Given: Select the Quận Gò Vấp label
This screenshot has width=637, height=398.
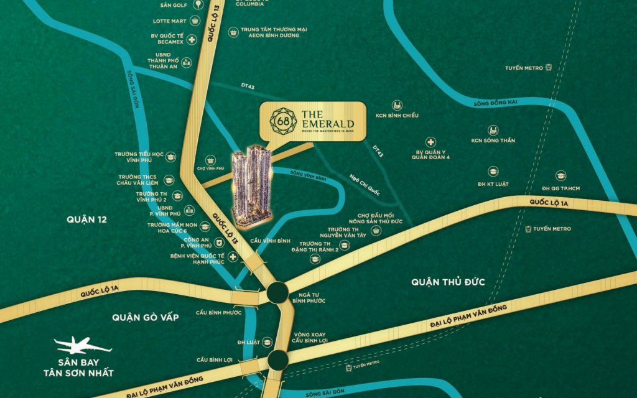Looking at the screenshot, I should click(x=145, y=317).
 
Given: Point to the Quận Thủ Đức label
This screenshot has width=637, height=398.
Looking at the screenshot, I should click(x=448, y=282).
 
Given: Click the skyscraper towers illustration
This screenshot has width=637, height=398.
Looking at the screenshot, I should click(x=253, y=184).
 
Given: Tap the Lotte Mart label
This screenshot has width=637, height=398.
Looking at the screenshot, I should click(x=170, y=21).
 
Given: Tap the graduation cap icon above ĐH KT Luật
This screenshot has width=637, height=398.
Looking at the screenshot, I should click(x=493, y=172).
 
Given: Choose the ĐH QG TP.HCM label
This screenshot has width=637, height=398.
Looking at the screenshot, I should click(x=560, y=188).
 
